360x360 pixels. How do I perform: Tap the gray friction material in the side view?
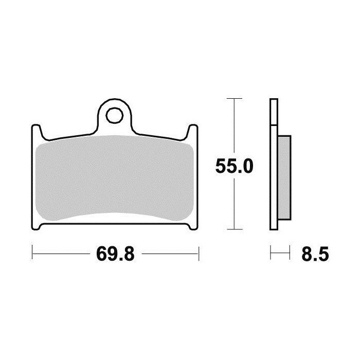click(x=284, y=172)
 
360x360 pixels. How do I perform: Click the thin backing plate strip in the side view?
click(x=274, y=165)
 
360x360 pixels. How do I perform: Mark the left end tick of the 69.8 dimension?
click(x=32, y=253)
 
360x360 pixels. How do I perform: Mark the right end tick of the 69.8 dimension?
click(x=199, y=253)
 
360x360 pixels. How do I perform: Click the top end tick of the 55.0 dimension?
click(x=235, y=98)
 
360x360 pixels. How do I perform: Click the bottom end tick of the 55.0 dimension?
click(x=235, y=229)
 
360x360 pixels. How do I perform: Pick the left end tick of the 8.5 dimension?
click(x=271, y=253)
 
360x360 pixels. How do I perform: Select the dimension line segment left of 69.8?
click(x=62, y=253)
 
